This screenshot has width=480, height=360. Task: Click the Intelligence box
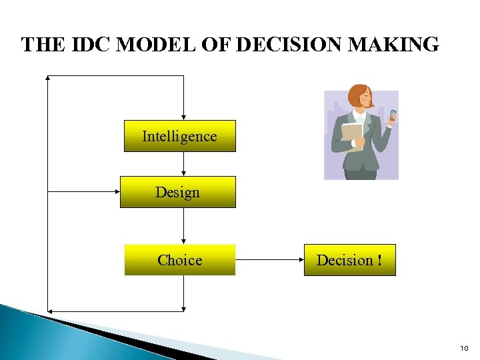(179, 136)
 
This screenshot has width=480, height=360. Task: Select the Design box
(177, 192)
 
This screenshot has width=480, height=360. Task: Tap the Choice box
(179, 260)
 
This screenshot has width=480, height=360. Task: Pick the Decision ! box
(349, 260)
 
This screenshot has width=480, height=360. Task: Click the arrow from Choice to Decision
(269, 260)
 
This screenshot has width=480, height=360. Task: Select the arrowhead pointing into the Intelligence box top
(183, 117)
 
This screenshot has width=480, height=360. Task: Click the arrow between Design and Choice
(183, 225)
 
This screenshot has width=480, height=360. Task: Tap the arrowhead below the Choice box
(183, 307)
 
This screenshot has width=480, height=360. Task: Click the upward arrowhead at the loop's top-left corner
(48, 78)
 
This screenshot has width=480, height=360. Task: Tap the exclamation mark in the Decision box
(379, 260)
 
